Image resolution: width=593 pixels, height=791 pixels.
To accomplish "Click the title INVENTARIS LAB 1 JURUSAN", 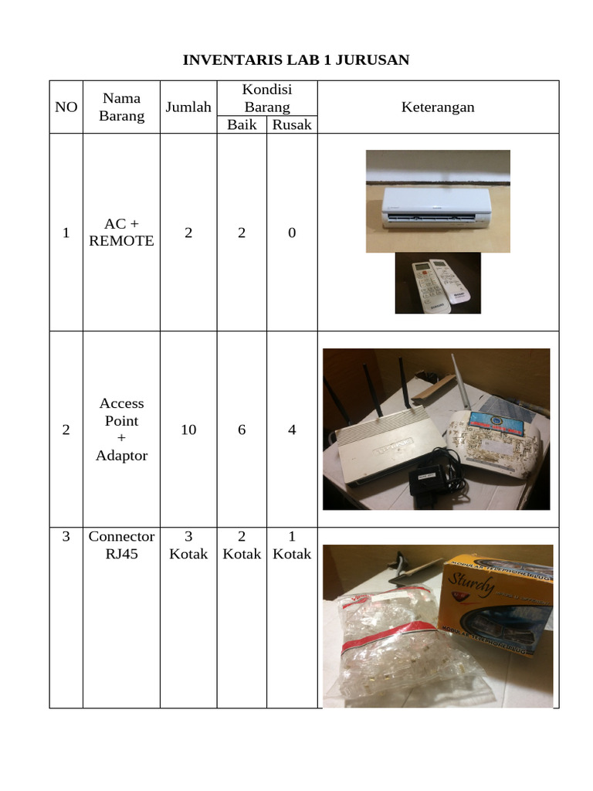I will pyautogui.click(x=296, y=60).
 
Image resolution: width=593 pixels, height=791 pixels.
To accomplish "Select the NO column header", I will pyautogui.click(x=66, y=107).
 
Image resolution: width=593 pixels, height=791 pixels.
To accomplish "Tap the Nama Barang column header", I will pyautogui.click(x=121, y=107).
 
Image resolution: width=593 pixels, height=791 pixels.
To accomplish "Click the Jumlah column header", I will pyautogui.click(x=188, y=107).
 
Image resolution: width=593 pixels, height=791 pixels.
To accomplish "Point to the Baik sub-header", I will pyautogui.click(x=242, y=124).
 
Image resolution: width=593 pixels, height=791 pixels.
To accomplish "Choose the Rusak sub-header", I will pyautogui.click(x=292, y=124).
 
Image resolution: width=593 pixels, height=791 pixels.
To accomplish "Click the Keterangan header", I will pyautogui.click(x=438, y=107).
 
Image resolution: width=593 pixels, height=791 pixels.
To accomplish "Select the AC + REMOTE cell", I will pyautogui.click(x=121, y=233).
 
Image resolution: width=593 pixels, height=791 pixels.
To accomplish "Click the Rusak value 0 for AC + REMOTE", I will pyautogui.click(x=292, y=233).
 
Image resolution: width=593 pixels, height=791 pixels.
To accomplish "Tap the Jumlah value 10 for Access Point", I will pyautogui.click(x=188, y=429).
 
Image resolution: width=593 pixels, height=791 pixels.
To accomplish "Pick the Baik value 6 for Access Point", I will pyautogui.click(x=242, y=429).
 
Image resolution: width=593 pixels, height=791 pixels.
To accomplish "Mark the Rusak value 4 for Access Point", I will pyautogui.click(x=292, y=429).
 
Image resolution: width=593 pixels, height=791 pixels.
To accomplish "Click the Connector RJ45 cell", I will pyautogui.click(x=121, y=545).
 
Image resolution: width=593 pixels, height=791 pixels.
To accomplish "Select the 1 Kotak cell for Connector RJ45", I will pyautogui.click(x=292, y=545).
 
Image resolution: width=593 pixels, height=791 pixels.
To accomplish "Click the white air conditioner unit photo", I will pyautogui.click(x=437, y=207).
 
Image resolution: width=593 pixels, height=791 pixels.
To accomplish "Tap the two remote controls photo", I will pyautogui.click(x=438, y=284).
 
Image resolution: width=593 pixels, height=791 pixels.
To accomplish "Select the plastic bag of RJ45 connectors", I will pyautogui.click(x=402, y=649).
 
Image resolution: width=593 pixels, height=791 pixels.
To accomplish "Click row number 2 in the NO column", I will pyautogui.click(x=66, y=429).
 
